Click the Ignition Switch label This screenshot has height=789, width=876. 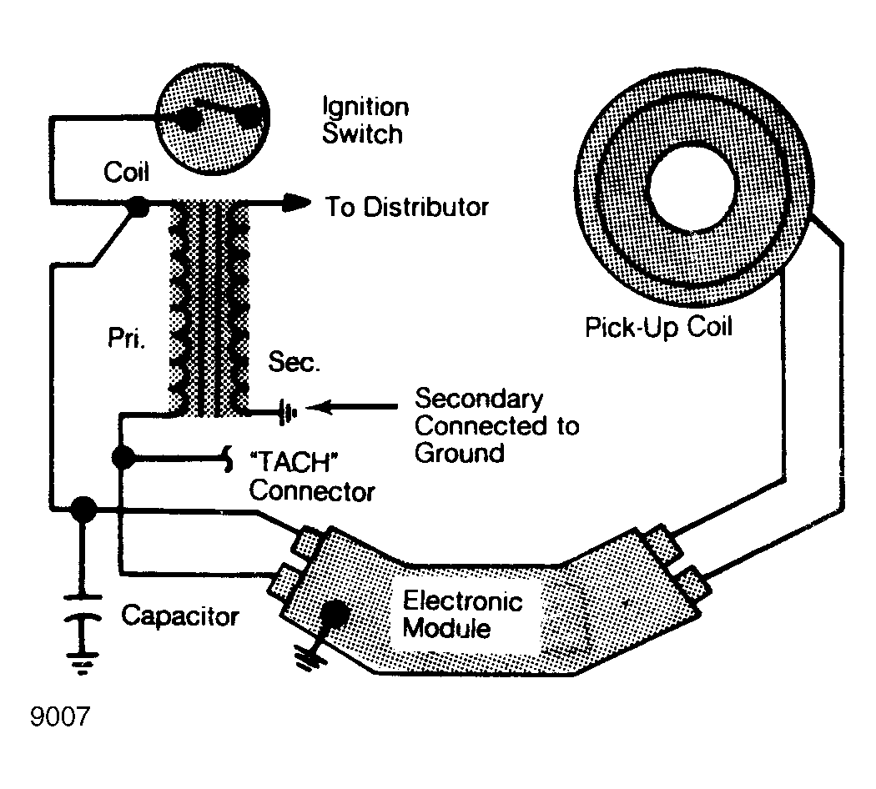click(x=365, y=120)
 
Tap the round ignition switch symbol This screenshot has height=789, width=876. click(x=212, y=118)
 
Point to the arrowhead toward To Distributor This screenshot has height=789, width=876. click(x=296, y=203)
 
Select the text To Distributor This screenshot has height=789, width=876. click(x=407, y=207)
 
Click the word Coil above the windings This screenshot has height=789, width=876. click(x=126, y=172)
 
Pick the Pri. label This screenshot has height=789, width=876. click(x=126, y=338)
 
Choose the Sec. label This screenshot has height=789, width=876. click(x=295, y=362)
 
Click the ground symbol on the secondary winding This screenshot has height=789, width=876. click(x=288, y=413)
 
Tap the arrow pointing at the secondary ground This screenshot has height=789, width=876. click(x=352, y=407)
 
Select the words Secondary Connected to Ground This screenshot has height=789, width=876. click(x=496, y=425)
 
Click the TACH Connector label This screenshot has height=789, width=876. click(x=312, y=477)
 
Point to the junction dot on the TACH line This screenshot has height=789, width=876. click(x=123, y=458)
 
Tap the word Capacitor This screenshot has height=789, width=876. click(x=180, y=616)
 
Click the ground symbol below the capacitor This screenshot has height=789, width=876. click(x=83, y=663)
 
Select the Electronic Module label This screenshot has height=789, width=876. click(x=462, y=614)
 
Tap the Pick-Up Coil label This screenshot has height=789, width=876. click(x=658, y=327)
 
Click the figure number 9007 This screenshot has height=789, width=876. click(x=60, y=717)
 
